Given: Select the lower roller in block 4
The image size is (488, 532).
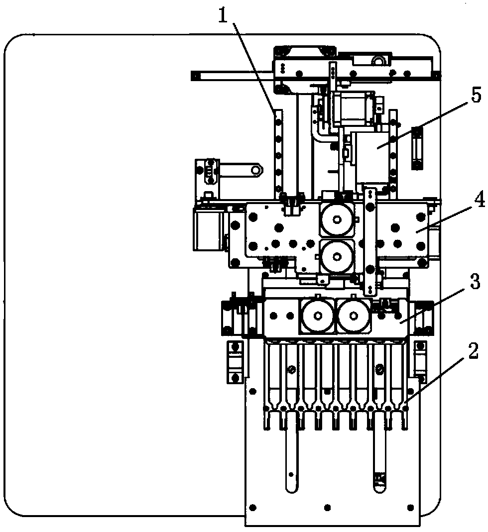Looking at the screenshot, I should (337, 256).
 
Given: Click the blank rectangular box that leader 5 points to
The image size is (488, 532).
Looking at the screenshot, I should (370, 156).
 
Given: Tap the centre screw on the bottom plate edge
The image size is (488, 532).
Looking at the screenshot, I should (327, 508).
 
